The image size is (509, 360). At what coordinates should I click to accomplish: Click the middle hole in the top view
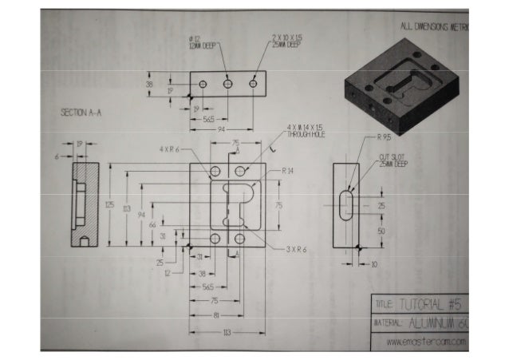[227, 83]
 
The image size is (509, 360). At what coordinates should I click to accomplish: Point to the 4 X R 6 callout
[170, 149]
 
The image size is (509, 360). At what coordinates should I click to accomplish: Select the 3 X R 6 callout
[297, 249]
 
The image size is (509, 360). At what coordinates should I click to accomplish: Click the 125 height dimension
[109, 205]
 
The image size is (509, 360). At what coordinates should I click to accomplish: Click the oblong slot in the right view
[345, 204]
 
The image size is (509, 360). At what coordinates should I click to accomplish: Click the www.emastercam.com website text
[424, 342]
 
